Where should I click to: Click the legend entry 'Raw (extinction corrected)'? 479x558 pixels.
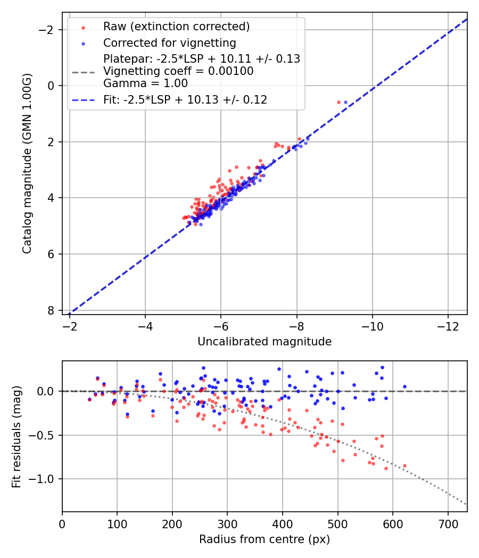pos(176,26)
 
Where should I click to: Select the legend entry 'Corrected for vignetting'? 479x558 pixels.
pos(170,43)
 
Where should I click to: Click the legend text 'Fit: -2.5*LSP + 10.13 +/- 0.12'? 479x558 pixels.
pos(185,99)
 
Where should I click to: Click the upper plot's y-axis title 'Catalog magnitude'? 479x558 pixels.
pos(27,164)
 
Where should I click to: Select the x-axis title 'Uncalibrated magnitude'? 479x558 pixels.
pos(265,342)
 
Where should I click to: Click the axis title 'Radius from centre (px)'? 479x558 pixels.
pos(265,539)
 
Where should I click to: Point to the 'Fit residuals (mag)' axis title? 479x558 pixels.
pos(16,436)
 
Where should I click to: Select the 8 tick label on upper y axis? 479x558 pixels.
pos(51,310)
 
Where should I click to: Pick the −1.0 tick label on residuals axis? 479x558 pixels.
pos(45,479)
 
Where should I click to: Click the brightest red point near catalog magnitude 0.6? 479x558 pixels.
pos(338,102)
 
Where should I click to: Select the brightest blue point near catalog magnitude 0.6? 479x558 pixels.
pos(345,102)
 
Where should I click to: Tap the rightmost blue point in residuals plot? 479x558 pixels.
pos(404,386)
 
